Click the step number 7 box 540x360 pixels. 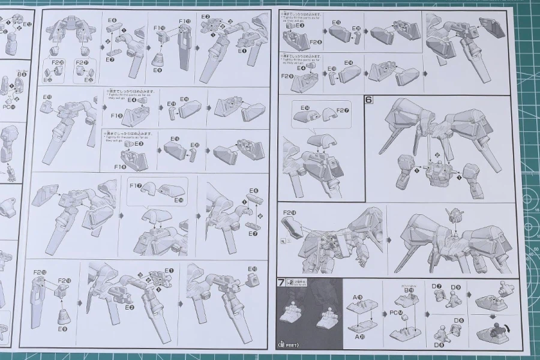(x=281, y=282)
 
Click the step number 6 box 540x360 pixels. (x=369, y=100)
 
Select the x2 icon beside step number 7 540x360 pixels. (x=290, y=282)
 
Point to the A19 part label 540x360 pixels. (x=358, y=297)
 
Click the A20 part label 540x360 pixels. (x=358, y=337)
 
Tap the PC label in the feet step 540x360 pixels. (x=394, y=311)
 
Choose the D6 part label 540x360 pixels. (x=458, y=321)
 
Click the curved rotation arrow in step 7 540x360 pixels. (x=509, y=327)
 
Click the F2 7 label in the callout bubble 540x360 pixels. (x=341, y=110)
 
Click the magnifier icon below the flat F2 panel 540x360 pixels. (x=283, y=240)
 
